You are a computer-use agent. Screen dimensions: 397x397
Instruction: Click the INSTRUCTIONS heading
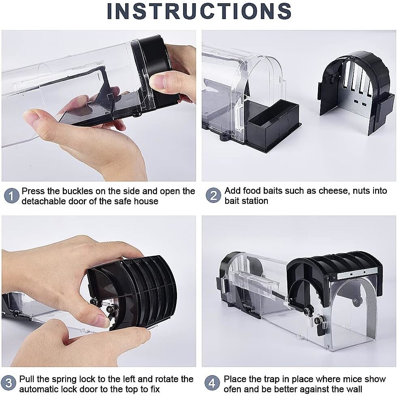199,11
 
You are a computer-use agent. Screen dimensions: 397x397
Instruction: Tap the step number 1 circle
11,196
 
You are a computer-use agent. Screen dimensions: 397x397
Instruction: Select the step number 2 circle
213,196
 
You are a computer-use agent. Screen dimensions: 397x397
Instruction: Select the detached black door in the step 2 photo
354,89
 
